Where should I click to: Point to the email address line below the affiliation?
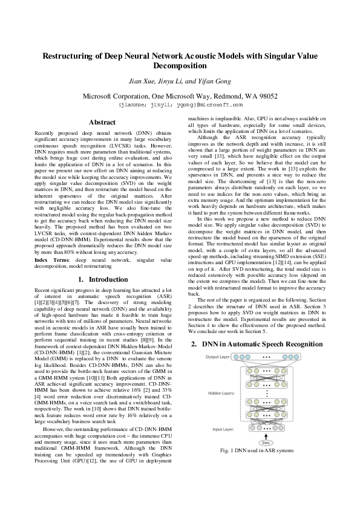tap(180, 104)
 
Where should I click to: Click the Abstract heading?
tap(102, 122)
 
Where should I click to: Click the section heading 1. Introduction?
tap(102, 279)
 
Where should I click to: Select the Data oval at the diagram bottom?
tap(266, 442)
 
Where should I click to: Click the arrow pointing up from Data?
tap(266, 436)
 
